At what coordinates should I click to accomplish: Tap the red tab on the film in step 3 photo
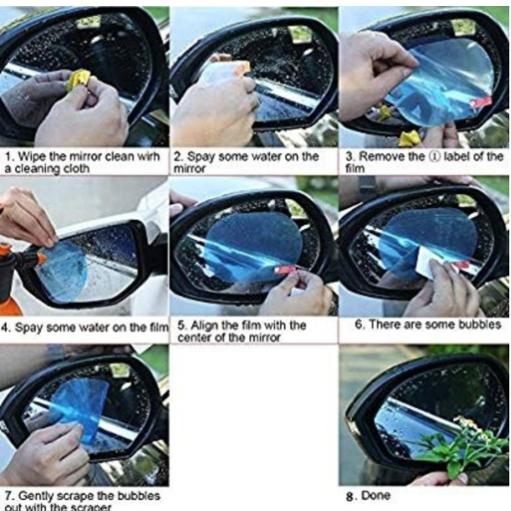pyautogui.click(x=480, y=102)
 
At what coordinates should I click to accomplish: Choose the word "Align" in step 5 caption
pyautogui.click(x=204, y=325)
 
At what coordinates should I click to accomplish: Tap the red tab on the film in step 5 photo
pyautogui.click(x=284, y=269)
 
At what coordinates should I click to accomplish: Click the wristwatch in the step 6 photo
pyautogui.click(x=367, y=187)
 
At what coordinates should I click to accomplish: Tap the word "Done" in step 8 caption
pyautogui.click(x=376, y=496)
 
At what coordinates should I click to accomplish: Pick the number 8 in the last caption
pyautogui.click(x=350, y=497)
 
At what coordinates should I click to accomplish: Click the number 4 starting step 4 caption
pyautogui.click(x=4, y=328)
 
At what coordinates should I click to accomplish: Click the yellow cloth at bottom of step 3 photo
pyautogui.click(x=409, y=139)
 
